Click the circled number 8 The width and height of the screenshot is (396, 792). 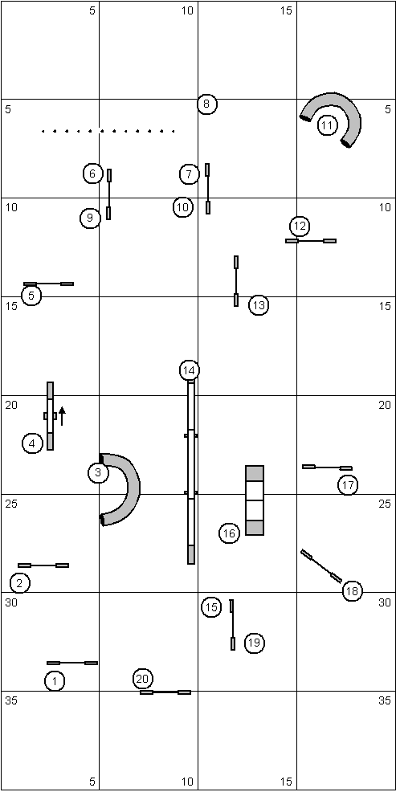[x=206, y=104]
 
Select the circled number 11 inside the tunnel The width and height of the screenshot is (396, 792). [x=328, y=125]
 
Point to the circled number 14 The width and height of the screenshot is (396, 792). [x=190, y=371]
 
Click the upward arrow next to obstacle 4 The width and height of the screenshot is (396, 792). [x=62, y=416]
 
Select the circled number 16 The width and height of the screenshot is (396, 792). [x=229, y=533]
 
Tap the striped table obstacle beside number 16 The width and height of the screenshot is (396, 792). [x=255, y=500]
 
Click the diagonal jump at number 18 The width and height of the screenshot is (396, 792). [x=321, y=566]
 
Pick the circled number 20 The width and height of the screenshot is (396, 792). [x=143, y=679]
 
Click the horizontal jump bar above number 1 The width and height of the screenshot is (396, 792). [x=72, y=663]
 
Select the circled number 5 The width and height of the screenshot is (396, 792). [x=31, y=296]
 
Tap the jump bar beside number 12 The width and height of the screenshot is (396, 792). [x=311, y=241]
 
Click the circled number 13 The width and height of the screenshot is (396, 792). [x=259, y=305]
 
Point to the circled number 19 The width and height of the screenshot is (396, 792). [x=254, y=643]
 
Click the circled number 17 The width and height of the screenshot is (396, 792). [x=348, y=485]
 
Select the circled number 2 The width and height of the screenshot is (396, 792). [x=20, y=583]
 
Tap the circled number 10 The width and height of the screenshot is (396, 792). [x=183, y=207]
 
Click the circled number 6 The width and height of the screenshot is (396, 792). [x=93, y=174]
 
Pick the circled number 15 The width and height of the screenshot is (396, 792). [x=211, y=607]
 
